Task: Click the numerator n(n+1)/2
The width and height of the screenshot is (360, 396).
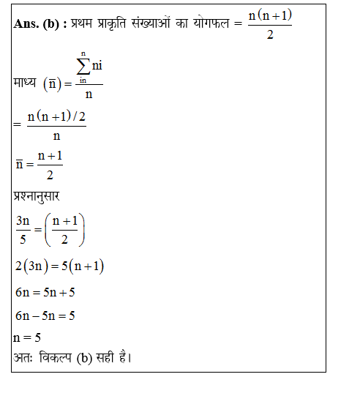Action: click(x=56, y=118)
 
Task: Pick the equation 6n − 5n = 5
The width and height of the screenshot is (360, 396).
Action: click(x=46, y=316)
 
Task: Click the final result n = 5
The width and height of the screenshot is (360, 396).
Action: click(x=27, y=338)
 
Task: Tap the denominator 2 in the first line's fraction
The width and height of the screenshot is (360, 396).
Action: click(x=270, y=34)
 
